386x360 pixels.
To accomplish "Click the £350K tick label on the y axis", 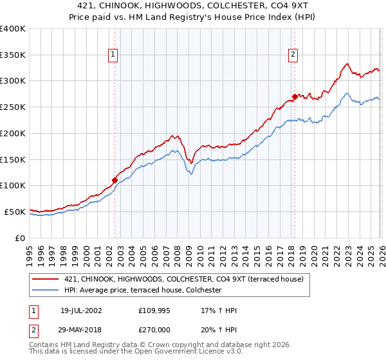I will pyautogui.click(x=13, y=55).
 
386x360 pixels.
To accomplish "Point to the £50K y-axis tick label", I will pyautogui.click(x=15, y=212).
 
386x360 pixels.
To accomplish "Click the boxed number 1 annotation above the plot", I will pyautogui.click(x=113, y=55).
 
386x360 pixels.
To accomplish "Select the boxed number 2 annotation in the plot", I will pyautogui.click(x=293, y=55).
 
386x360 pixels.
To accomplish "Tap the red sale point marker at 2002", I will pyautogui.click(x=115, y=180).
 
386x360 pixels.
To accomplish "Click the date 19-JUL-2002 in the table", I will pyautogui.click(x=81, y=310).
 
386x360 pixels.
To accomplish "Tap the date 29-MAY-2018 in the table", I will pyautogui.click(x=81, y=329).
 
